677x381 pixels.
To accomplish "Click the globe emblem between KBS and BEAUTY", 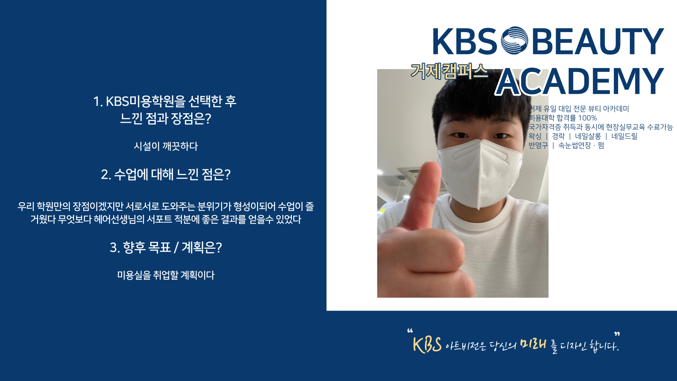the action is [x=514, y=40].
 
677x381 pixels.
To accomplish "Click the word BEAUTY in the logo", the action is [x=598, y=41].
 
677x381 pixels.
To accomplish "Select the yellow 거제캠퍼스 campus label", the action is [x=450, y=71].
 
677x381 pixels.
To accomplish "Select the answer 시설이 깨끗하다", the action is [x=166, y=146].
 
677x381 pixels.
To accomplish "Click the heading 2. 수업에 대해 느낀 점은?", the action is [x=166, y=174].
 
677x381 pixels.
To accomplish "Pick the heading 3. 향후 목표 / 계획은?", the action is [x=166, y=247].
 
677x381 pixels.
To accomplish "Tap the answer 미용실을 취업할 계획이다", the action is [x=166, y=275].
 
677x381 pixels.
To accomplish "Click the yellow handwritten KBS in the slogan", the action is [x=427, y=345].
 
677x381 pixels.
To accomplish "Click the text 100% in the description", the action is [x=587, y=118].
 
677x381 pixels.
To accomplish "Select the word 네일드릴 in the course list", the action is [x=624, y=136].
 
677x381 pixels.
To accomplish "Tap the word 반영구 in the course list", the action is [x=538, y=145].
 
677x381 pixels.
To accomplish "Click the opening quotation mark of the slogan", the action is [x=410, y=331].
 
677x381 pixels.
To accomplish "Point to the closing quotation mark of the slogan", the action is [x=617, y=334].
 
